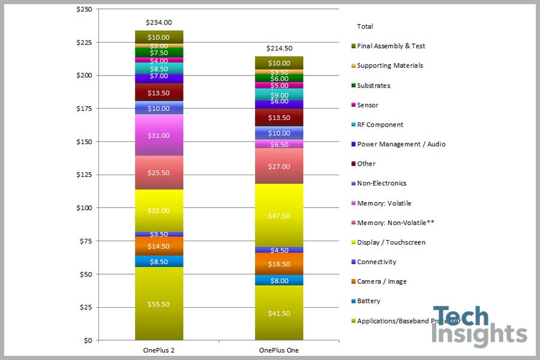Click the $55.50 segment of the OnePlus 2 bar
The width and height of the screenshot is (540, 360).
click(x=159, y=304)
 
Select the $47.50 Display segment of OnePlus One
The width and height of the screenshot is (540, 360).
click(x=279, y=215)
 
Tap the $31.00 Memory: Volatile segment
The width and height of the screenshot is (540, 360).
click(x=159, y=136)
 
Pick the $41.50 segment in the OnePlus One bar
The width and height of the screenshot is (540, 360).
click(x=279, y=313)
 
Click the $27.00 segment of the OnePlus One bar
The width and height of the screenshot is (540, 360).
click(x=279, y=167)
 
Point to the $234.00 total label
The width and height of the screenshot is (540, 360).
click(x=159, y=23)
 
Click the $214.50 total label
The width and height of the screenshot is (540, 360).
click(x=279, y=49)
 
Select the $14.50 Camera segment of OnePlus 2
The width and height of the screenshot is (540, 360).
click(x=159, y=246)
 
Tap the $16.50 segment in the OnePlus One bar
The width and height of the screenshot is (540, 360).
click(x=279, y=264)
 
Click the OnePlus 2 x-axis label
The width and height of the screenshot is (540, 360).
click(x=159, y=350)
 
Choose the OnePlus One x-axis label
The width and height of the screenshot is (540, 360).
click(x=279, y=350)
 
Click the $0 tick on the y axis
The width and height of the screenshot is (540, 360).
click(x=88, y=340)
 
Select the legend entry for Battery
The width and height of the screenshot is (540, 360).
click(x=368, y=301)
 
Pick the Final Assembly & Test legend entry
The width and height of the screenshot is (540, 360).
click(x=390, y=46)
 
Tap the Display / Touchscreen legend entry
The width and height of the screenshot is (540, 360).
click(x=391, y=242)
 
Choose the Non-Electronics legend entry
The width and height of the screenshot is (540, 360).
click(x=381, y=184)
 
